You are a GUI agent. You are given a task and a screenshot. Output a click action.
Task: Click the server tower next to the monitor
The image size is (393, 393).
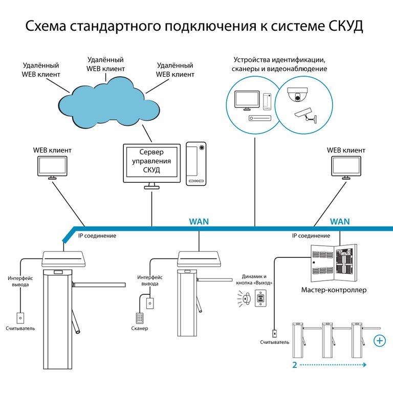point(196,163)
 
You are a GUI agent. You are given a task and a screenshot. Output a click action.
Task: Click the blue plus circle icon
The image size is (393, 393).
point(380,340)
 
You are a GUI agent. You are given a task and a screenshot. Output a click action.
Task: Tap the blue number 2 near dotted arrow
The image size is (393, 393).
point(295,365)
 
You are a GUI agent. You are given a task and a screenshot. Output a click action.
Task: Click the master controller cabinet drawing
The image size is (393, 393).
point(334,262)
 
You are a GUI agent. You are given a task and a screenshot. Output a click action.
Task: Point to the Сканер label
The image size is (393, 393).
point(139,328)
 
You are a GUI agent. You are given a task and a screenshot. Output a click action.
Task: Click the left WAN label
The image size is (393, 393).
point(199,222)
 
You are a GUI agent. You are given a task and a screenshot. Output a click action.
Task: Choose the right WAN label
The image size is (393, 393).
point(340,222)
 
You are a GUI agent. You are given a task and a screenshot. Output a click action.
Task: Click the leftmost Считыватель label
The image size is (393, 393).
point(20,328)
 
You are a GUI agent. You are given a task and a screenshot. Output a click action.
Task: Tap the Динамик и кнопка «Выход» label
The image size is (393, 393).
point(255,279)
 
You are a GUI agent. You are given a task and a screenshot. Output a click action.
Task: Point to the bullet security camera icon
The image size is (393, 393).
point(304,113)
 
